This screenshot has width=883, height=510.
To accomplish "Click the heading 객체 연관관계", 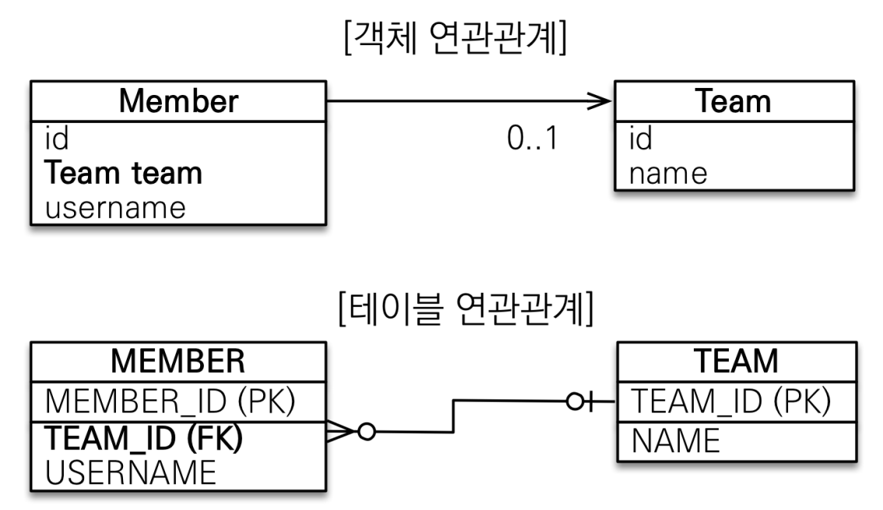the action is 455,37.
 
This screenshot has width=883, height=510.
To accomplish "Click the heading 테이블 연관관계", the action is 466,308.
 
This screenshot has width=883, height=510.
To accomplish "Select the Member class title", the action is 178,101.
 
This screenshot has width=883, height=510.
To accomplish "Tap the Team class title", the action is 733,101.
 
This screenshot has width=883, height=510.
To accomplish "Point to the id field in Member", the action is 57,139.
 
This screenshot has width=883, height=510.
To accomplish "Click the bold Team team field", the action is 123,172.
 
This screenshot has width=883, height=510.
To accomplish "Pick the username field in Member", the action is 115,208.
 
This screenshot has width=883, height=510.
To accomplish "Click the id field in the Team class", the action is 641,139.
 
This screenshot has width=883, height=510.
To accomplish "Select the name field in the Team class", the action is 668,174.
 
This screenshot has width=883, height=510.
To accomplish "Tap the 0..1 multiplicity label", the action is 532,138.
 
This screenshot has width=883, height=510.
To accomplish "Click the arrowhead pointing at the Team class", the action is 600,101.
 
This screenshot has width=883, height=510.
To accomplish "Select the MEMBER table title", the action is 178,361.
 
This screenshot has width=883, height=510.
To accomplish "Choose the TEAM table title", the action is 736,361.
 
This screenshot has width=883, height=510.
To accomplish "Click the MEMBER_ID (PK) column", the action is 170,401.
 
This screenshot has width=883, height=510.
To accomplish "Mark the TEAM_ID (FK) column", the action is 143,438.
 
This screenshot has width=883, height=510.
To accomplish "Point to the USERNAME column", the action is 131,473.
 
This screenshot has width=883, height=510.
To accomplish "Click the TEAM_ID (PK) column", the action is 731,401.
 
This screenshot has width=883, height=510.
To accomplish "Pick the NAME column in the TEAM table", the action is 676,440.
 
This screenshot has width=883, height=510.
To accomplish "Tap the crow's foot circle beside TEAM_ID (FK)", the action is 367,432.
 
